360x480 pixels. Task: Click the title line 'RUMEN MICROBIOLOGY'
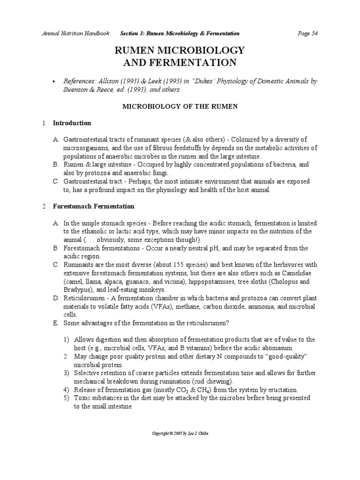pyautogui.click(x=180, y=51)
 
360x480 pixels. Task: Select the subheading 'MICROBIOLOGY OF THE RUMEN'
pyautogui.click(x=180, y=106)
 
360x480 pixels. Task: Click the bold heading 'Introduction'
pyautogui.click(x=72, y=123)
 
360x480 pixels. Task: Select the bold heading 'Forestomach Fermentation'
pyautogui.click(x=93, y=206)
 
